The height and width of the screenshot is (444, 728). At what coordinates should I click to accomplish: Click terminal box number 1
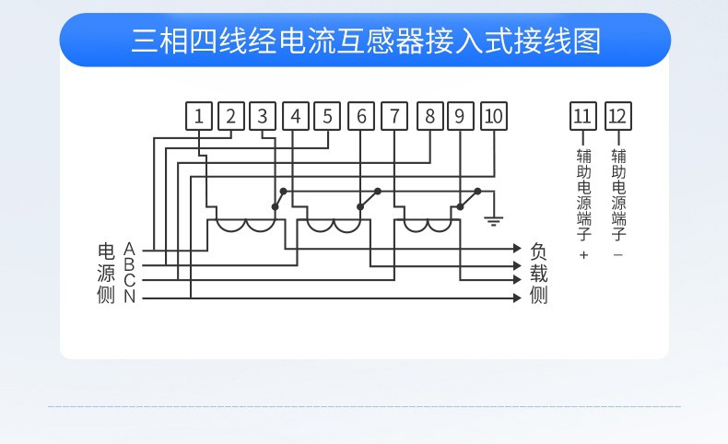click(x=199, y=116)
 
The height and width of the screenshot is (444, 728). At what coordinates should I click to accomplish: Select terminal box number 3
click(x=263, y=116)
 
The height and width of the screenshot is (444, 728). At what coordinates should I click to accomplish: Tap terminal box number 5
click(x=327, y=116)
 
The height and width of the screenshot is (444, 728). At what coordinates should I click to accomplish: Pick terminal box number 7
click(x=394, y=116)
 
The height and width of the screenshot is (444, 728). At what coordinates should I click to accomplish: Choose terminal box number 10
click(x=494, y=116)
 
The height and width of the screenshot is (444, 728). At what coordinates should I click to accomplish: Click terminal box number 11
click(x=583, y=116)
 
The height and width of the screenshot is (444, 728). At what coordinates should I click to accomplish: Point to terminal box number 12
click(x=618, y=116)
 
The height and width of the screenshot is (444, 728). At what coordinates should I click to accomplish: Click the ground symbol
click(x=494, y=221)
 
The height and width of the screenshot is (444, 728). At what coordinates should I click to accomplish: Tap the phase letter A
click(x=129, y=249)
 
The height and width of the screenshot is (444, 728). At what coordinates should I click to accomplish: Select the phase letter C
click(x=129, y=280)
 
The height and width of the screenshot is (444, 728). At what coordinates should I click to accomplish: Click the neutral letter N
click(x=130, y=297)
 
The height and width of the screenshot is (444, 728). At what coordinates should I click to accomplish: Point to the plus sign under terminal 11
click(x=583, y=255)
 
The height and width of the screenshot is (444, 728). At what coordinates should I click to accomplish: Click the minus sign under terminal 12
click(x=618, y=255)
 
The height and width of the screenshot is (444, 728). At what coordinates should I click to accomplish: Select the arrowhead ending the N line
click(x=517, y=298)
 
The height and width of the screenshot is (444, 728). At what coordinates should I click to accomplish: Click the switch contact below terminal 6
click(x=370, y=199)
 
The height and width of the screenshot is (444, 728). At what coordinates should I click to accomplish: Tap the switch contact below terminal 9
click(x=468, y=199)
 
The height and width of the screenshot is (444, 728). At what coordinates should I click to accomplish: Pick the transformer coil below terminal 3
click(x=246, y=228)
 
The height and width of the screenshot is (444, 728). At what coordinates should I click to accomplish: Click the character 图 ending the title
click(x=587, y=41)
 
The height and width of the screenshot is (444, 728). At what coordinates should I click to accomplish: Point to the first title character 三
click(x=145, y=41)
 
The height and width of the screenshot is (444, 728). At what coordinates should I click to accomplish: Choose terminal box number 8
click(x=430, y=116)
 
